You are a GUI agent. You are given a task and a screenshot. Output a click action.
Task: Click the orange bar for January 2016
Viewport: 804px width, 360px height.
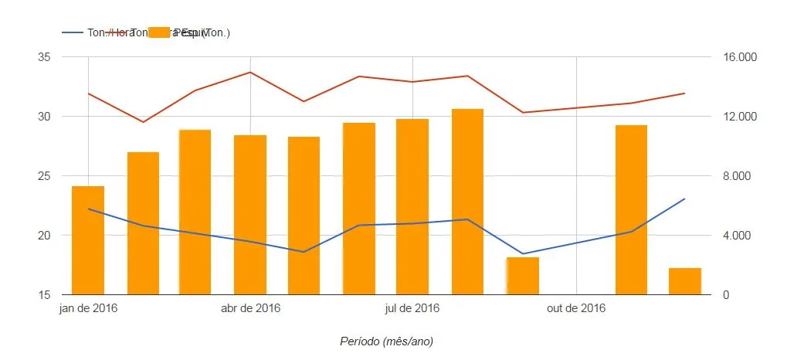click(88, 240)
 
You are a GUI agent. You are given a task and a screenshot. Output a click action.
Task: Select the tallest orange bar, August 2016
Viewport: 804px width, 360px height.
click(467, 202)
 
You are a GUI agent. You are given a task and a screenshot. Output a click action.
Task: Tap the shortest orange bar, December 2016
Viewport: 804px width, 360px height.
click(684, 281)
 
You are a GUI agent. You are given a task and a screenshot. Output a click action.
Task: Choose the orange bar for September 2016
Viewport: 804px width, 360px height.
click(522, 276)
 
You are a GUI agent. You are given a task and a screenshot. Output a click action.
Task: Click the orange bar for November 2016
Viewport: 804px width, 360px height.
click(631, 209)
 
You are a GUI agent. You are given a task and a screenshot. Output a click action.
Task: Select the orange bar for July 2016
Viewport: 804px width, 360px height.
click(412, 206)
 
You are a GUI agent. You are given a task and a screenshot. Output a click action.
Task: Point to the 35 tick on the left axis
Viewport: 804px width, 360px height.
click(44, 57)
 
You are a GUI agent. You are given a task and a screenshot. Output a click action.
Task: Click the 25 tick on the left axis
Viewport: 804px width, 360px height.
click(44, 176)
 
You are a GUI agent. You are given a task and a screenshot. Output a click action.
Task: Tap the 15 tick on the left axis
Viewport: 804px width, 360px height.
click(44, 294)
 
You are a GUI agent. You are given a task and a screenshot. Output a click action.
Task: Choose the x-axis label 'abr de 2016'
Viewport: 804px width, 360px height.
click(250, 309)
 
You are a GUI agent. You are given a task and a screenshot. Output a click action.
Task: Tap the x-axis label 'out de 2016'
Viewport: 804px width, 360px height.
click(575, 309)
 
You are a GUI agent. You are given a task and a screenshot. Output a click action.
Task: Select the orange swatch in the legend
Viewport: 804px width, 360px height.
click(159, 32)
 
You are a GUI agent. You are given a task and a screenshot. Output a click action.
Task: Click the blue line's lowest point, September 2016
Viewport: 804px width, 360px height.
click(522, 253)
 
